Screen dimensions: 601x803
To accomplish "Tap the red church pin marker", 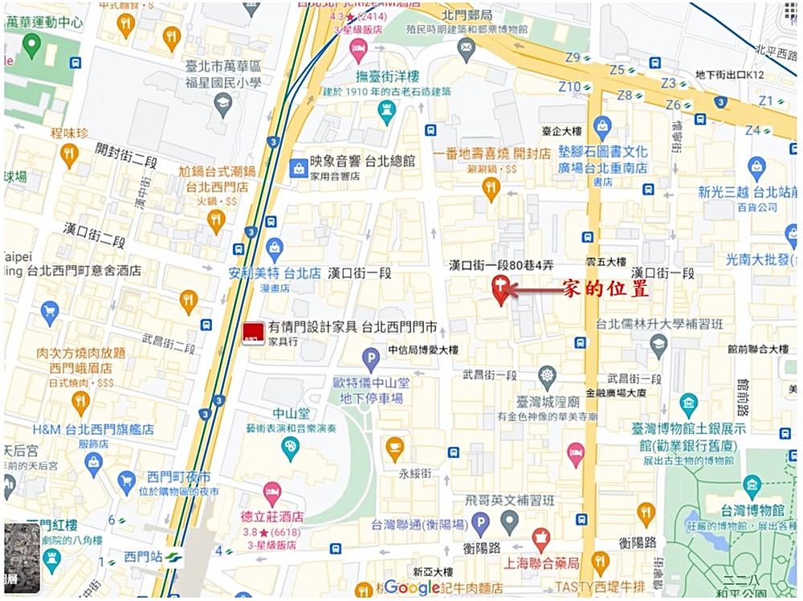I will [x=499, y=288].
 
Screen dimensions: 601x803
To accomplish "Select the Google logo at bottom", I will [x=412, y=587].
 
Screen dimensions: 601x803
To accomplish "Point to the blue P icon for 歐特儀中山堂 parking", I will [x=370, y=358].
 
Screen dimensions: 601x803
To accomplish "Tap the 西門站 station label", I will [x=143, y=556].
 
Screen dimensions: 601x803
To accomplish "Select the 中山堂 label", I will [x=290, y=414].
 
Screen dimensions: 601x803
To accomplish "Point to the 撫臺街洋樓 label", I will [x=388, y=76].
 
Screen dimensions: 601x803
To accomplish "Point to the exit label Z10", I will [x=569, y=86].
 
